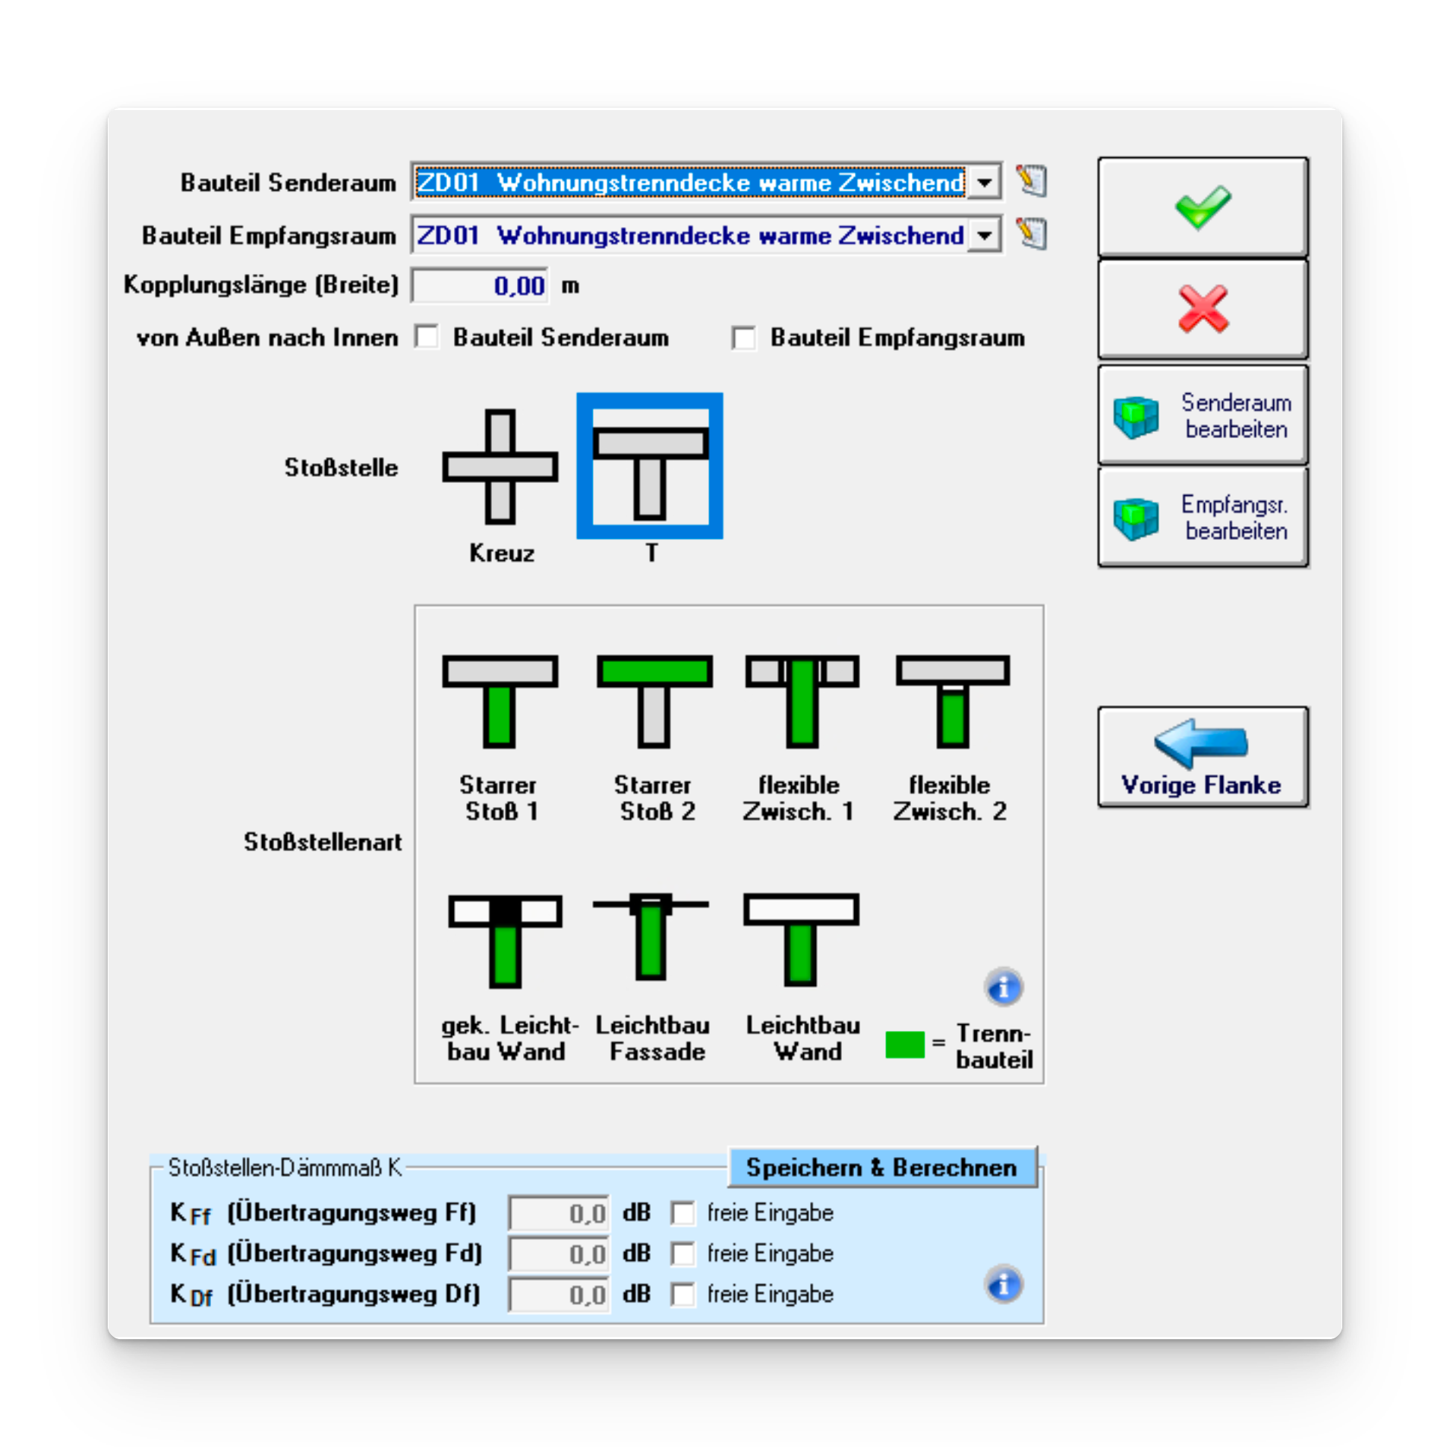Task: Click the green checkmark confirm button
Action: [x=1203, y=207]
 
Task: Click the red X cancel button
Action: [x=1203, y=309]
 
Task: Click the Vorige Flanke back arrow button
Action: [x=1203, y=757]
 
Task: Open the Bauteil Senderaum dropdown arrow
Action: [x=985, y=182]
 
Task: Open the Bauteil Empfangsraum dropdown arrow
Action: [x=985, y=235]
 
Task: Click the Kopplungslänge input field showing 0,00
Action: [x=481, y=286]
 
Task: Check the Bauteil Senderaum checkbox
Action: [x=427, y=337]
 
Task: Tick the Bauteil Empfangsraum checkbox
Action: [x=744, y=338]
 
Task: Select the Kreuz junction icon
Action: [x=500, y=466]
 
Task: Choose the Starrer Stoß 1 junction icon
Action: [x=500, y=701]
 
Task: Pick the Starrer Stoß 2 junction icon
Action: [x=654, y=701]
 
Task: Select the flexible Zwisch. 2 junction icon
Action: [x=953, y=701]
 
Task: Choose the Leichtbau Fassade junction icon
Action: [x=651, y=938]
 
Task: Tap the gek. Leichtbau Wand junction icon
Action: [x=505, y=940]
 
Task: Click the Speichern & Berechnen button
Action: [x=881, y=1167]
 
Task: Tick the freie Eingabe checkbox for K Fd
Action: [x=682, y=1253]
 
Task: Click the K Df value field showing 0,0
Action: [x=559, y=1294]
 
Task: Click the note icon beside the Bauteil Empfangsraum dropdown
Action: [x=1032, y=234]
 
